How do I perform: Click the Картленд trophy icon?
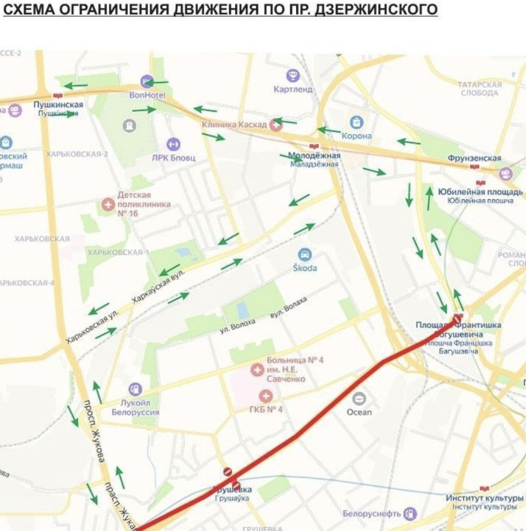[293, 76]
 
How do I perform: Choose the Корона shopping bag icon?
[357, 122]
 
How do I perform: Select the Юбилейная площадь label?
[480, 192]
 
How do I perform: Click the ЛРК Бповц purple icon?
[173, 144]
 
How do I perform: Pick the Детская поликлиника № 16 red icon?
[108, 204]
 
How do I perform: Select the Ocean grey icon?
[359, 399]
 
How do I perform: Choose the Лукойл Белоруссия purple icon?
[135, 388]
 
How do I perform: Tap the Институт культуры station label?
[481, 498]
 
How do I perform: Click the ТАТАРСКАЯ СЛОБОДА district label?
[479, 89]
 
